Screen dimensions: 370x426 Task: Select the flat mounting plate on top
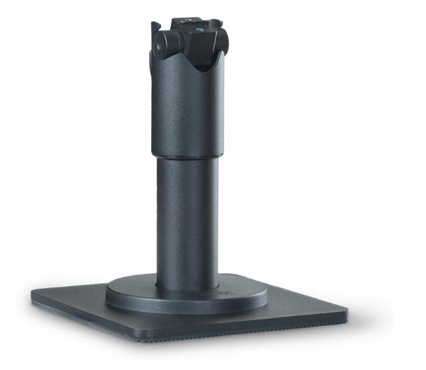pyautogui.click(x=194, y=25)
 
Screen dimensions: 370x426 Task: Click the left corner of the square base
pyautogui.click(x=33, y=292)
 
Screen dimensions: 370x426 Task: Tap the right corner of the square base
pyautogui.click(x=345, y=311)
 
